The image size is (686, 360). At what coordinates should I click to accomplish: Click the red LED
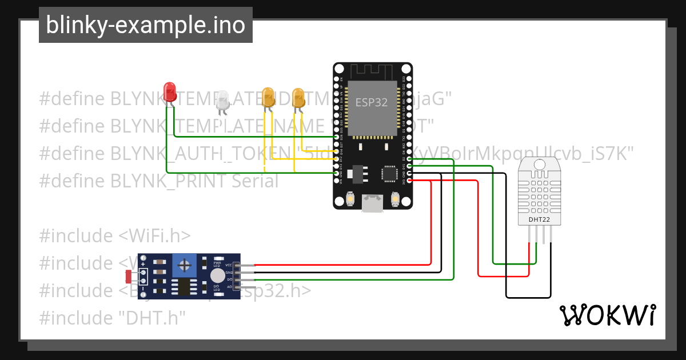pyautogui.click(x=170, y=92)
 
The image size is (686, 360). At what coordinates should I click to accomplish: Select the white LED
pyautogui.click(x=222, y=101)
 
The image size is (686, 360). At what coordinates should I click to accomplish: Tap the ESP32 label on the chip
pyautogui.click(x=372, y=103)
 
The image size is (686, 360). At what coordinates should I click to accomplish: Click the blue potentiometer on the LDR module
pyautogui.click(x=184, y=265)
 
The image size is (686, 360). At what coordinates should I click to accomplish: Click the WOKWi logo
pyautogui.click(x=607, y=315)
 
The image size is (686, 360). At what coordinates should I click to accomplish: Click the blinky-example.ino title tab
pyautogui.click(x=145, y=25)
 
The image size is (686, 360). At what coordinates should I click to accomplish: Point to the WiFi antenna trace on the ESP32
pyautogui.click(x=372, y=71)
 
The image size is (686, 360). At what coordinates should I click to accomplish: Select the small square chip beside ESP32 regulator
pyautogui.click(x=390, y=173)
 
